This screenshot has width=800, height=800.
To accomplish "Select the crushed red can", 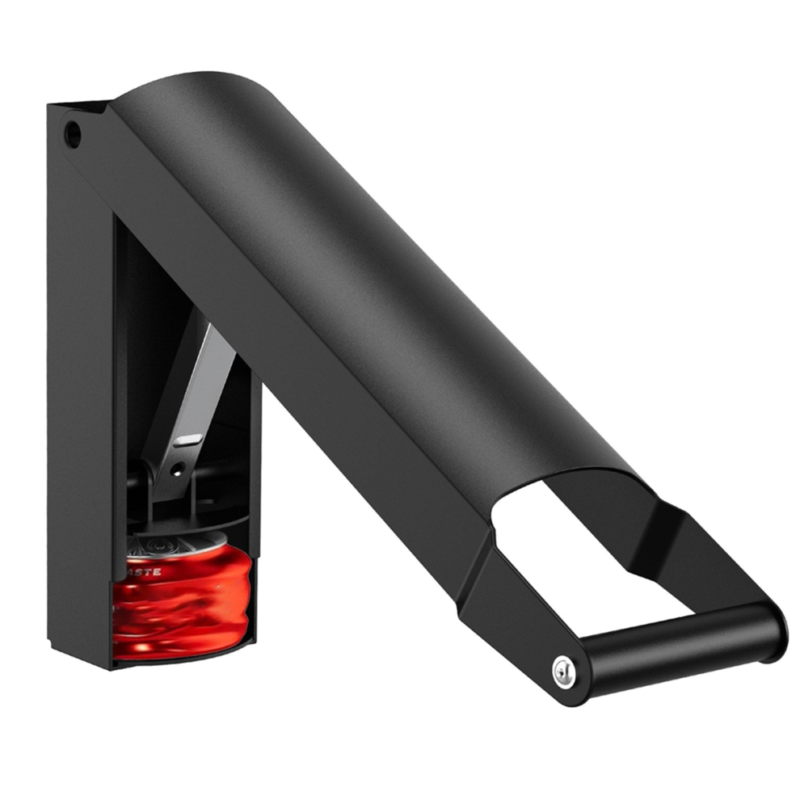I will [182, 602].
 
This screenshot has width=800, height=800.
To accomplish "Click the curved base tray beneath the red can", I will [186, 656].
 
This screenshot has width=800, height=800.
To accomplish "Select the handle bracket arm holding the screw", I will [517, 614].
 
